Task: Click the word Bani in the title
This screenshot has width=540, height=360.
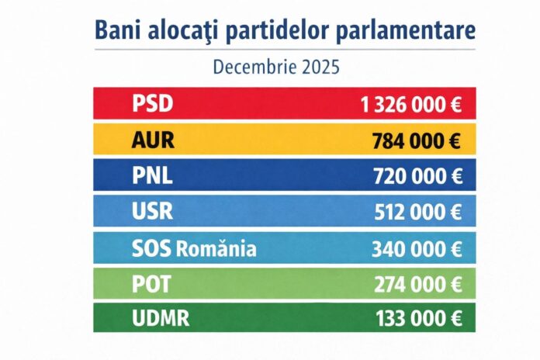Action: tap(119, 29)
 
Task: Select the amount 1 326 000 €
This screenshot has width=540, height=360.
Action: tap(411, 105)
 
